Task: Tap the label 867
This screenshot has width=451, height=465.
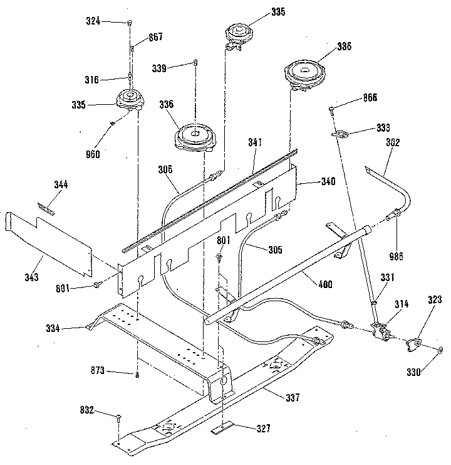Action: (155, 37)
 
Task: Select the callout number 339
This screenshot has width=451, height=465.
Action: (160, 68)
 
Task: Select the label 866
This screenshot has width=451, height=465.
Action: (371, 99)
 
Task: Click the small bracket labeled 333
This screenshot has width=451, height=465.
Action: (341, 133)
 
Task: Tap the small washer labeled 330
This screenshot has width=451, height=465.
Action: (440, 350)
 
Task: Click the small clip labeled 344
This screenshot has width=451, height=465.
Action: (46, 206)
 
